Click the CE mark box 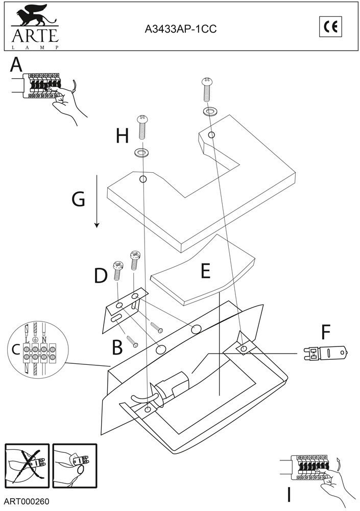click(330, 27)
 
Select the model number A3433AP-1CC click(180, 29)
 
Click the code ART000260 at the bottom click(27, 501)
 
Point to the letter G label click(78, 199)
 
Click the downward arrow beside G click(97, 201)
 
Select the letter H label click(122, 136)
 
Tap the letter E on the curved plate click(205, 271)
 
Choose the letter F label click(326, 332)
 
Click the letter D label click(101, 276)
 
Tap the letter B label click(117, 347)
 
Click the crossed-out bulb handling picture click(27, 466)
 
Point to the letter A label click(16, 64)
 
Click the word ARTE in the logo click(35, 35)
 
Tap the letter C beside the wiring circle click(15, 350)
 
